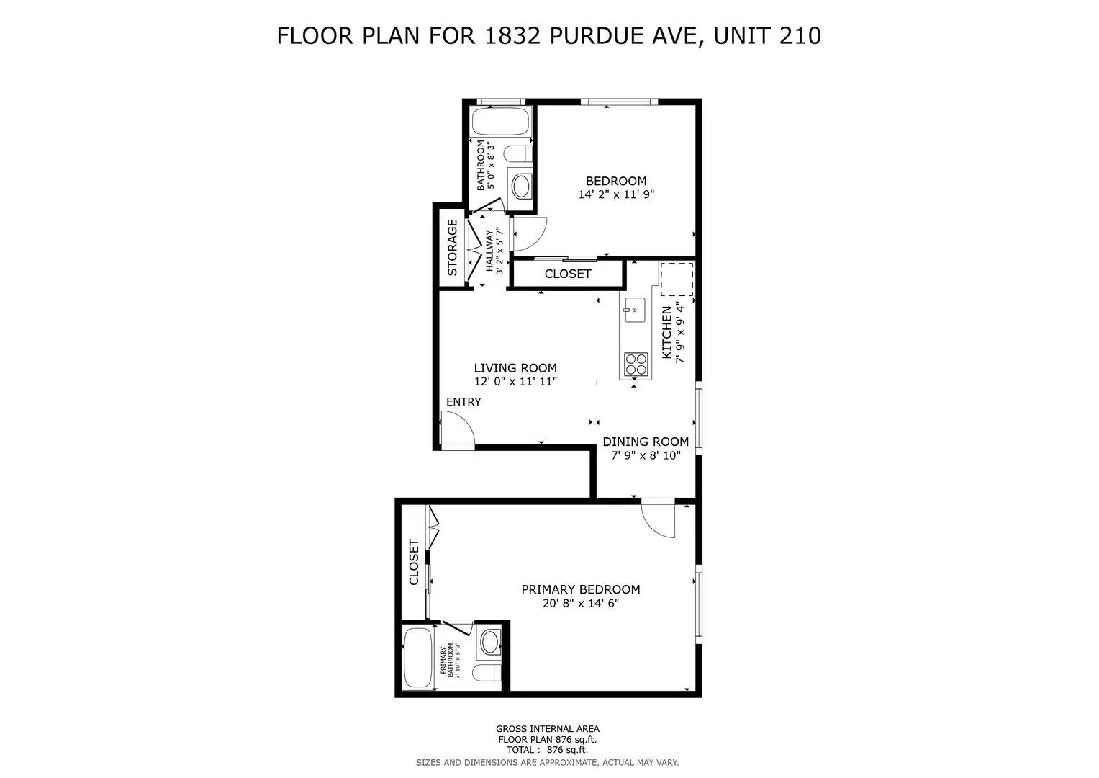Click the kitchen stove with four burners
(635, 364)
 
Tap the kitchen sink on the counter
(633, 310)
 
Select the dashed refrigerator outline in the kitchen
(677, 280)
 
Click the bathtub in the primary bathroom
(417, 658)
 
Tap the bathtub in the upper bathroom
(501, 123)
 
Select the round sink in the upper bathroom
(520, 186)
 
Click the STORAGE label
(453, 248)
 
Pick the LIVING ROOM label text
(515, 368)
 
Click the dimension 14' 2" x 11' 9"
(616, 194)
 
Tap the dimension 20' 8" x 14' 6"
(581, 604)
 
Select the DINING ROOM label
(646, 442)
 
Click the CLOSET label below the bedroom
(568, 274)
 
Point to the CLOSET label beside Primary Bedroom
(414, 562)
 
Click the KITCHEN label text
(666, 332)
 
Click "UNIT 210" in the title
(767, 35)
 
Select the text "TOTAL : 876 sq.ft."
(548, 749)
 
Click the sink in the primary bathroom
(491, 640)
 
